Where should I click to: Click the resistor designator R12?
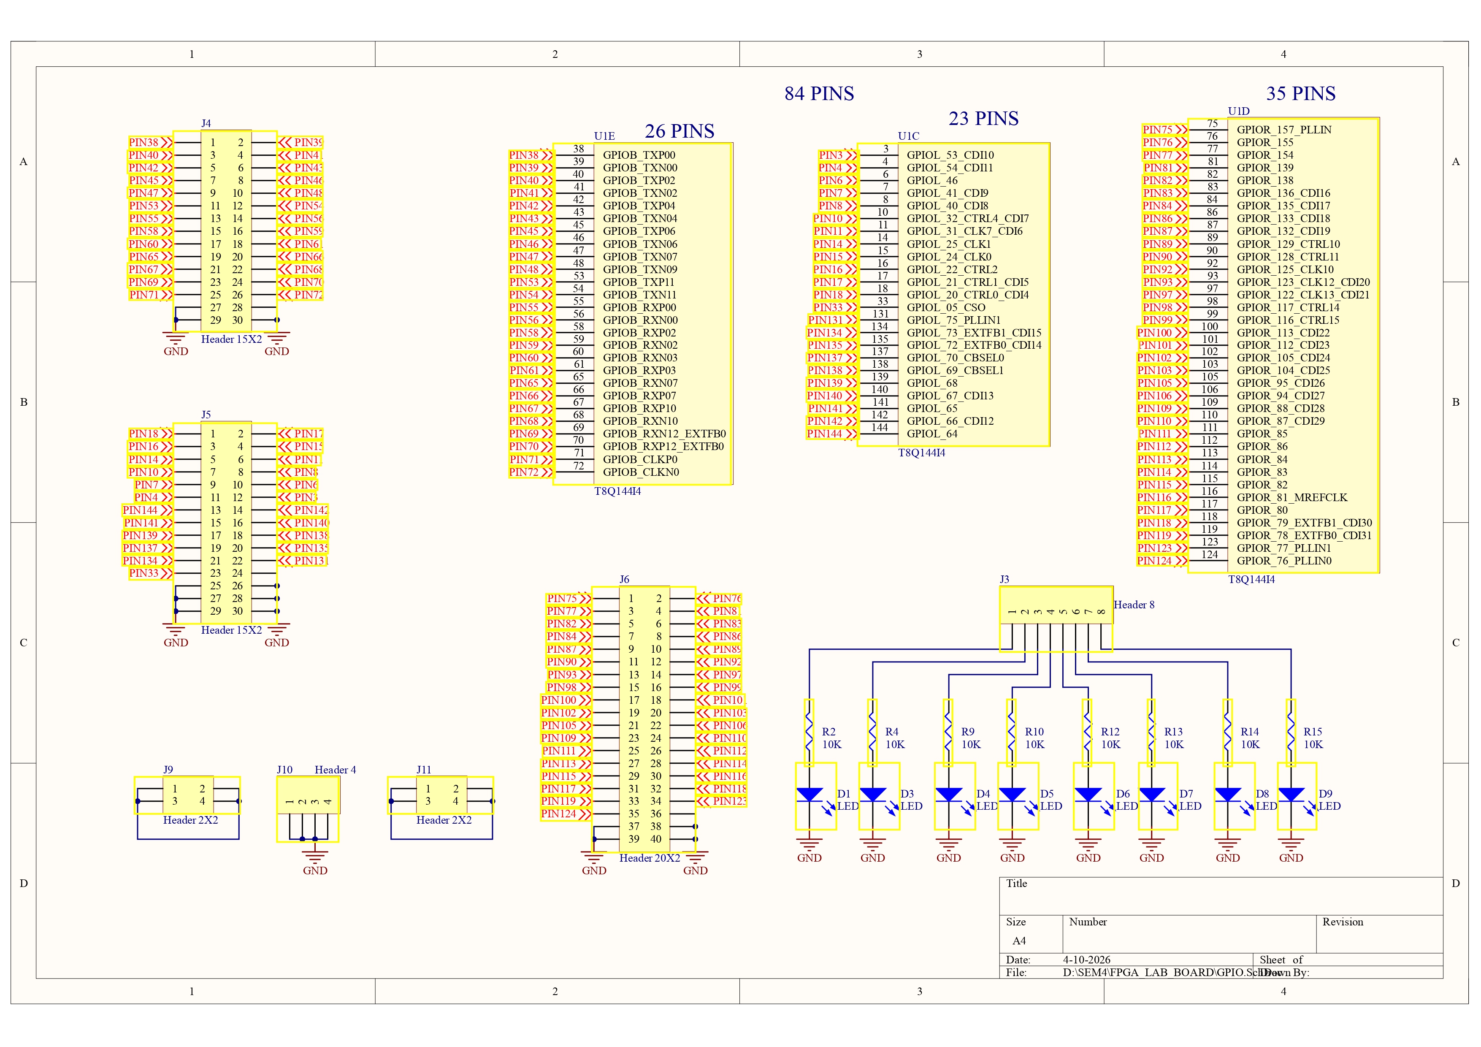click(x=1110, y=732)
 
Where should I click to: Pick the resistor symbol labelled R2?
click(x=809, y=732)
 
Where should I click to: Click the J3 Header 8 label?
click(x=1133, y=605)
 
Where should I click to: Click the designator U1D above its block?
click(x=1238, y=111)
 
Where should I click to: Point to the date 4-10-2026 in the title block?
click(x=1086, y=960)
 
